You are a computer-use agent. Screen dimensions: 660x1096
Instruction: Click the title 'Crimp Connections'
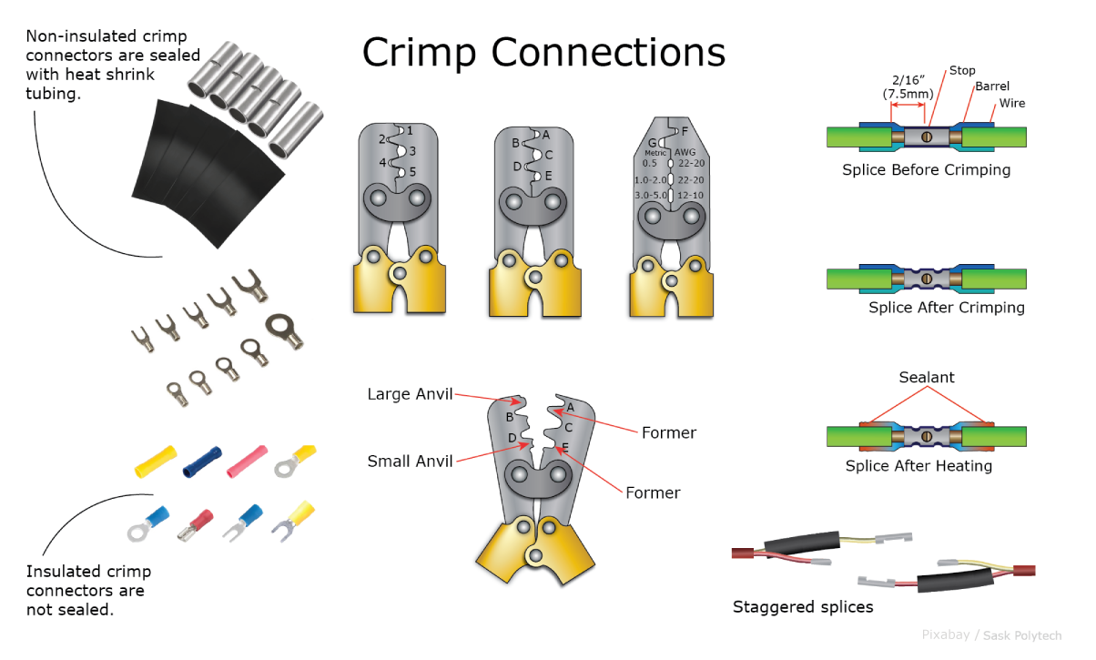pos(543,52)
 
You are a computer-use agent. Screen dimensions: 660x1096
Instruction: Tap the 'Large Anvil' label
pos(410,394)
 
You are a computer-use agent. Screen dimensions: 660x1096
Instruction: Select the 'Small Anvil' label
pos(410,462)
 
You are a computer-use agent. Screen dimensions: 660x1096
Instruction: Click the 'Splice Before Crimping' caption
pos(926,170)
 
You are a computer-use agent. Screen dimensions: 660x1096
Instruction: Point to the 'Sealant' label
pos(927,378)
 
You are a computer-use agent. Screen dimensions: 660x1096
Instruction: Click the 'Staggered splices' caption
pos(802,607)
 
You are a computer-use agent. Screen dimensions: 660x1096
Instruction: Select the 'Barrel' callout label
pos(991,86)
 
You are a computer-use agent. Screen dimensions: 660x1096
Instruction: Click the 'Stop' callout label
pos(962,70)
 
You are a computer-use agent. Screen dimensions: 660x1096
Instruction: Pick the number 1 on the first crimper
pos(410,131)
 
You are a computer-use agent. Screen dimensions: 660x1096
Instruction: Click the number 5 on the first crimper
pos(412,172)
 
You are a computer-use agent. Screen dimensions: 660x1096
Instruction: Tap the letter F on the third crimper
pos(685,131)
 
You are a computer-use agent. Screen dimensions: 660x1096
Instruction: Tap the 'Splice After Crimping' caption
pos(946,308)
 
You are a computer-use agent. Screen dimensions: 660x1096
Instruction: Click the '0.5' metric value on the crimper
pos(649,163)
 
